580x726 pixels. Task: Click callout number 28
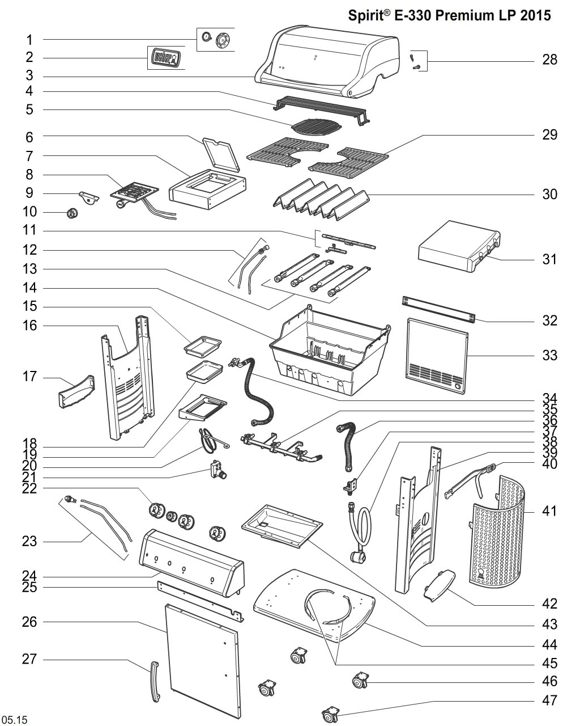click(549, 59)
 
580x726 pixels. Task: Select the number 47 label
click(549, 700)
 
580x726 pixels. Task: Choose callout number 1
click(29, 40)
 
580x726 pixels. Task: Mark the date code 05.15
click(15, 720)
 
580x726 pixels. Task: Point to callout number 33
click(549, 356)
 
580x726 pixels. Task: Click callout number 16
click(29, 326)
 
